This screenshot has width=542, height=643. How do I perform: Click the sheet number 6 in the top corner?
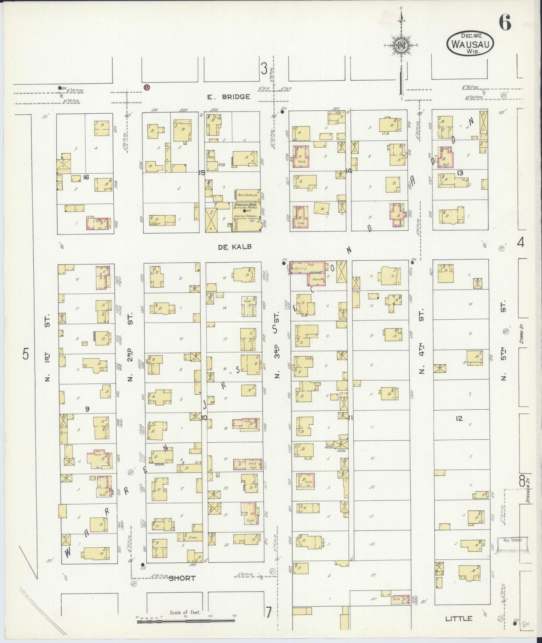point(504,24)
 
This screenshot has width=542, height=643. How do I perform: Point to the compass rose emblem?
point(401,45)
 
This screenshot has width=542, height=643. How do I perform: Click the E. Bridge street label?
point(228,97)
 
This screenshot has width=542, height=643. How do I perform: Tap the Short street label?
point(182,578)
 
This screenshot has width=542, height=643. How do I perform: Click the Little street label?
point(458,618)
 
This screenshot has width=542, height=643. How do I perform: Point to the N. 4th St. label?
point(421,341)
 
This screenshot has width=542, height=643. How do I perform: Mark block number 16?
point(86,177)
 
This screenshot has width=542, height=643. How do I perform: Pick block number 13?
point(460,173)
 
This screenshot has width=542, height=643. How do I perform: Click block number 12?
point(459,419)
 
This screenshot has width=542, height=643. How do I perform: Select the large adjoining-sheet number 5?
point(25,354)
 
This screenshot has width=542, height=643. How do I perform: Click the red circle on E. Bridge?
point(147,87)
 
